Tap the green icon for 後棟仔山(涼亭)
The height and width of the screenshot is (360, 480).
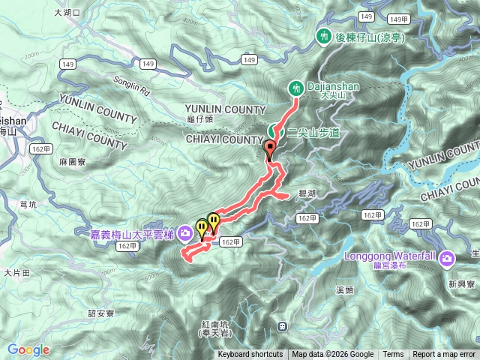tap(324, 35)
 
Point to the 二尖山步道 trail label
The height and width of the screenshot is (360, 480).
tap(313, 132)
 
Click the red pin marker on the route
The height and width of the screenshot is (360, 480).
tap(270, 148)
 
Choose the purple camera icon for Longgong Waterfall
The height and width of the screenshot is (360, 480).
tap(448, 259)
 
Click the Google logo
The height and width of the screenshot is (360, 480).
tap(28, 349)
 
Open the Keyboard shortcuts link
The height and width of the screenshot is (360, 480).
tap(250, 355)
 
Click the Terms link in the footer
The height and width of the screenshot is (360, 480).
tap(393, 355)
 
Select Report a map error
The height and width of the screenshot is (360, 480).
tap(444, 355)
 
